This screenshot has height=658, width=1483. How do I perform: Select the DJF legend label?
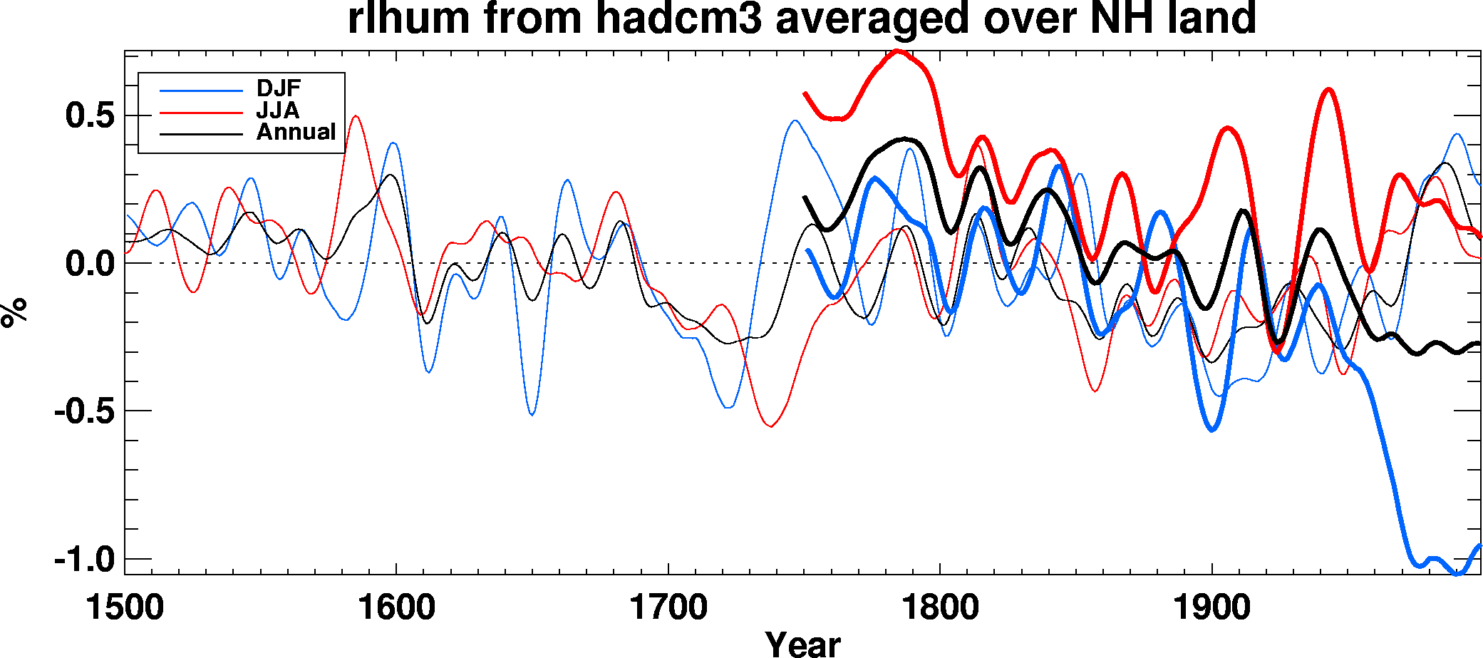point(279,89)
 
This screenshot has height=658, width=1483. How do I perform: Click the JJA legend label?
point(277,110)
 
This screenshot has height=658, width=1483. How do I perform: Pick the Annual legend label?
point(296,133)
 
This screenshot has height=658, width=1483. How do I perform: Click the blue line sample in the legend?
point(201,91)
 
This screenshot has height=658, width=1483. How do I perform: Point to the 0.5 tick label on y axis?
point(90,115)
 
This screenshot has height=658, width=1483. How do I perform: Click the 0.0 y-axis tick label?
point(90,264)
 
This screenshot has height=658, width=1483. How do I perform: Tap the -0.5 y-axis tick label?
point(84,411)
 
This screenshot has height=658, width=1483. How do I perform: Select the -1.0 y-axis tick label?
point(84,560)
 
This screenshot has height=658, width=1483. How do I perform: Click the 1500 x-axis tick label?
point(125,608)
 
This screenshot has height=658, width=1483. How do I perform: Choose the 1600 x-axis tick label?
point(396,608)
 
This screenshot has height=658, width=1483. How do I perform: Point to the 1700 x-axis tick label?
point(668,608)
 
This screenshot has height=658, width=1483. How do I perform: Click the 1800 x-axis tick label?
point(940,608)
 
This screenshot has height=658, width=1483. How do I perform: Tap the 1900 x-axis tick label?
point(1211,608)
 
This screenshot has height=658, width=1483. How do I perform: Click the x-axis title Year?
point(802,644)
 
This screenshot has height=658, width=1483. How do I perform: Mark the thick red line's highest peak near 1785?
point(898,51)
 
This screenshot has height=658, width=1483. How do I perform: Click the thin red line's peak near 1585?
point(356,116)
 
